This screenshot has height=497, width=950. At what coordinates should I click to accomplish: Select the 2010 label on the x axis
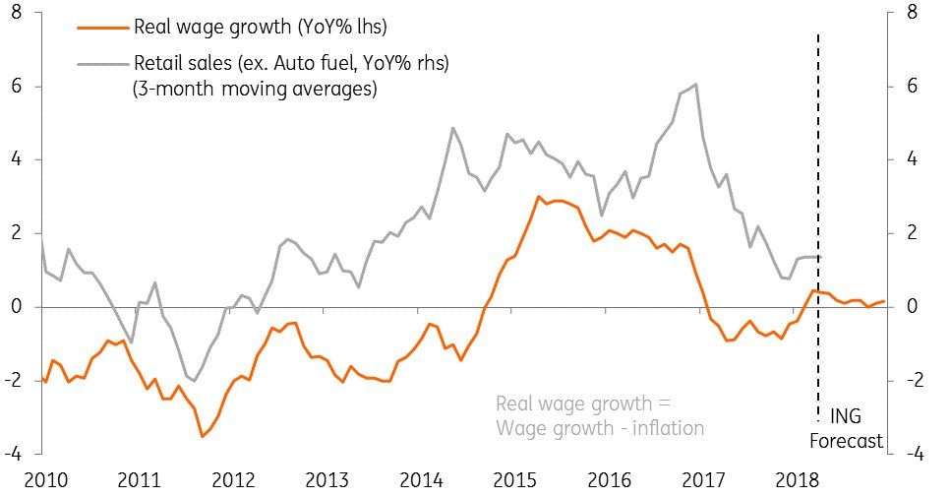pyautogui.click(x=45, y=480)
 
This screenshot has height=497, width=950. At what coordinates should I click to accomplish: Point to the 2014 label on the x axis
pyautogui.click(x=423, y=480)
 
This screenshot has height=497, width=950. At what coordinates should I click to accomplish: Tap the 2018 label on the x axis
pyautogui.click(x=800, y=480)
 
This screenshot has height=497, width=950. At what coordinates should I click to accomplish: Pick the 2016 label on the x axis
pyautogui.click(x=611, y=480)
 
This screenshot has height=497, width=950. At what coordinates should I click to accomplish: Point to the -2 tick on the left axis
pyautogui.click(x=14, y=381)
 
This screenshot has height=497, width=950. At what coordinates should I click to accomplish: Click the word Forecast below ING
pyautogui.click(x=846, y=442)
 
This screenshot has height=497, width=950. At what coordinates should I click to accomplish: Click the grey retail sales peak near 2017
pyautogui.click(x=696, y=85)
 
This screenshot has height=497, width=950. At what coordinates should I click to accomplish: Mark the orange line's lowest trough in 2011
pyautogui.click(x=202, y=436)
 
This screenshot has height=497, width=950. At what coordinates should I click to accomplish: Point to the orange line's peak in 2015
pyautogui.click(x=539, y=197)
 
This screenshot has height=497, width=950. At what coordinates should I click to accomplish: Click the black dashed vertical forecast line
pyautogui.click(x=818, y=197)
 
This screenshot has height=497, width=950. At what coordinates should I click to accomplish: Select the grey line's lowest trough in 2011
pyautogui.click(x=195, y=381)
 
